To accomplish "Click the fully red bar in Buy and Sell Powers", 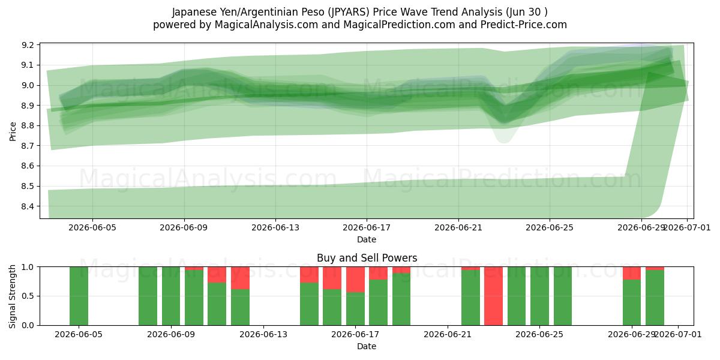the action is tap(493, 296).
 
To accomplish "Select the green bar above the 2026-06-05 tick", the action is tap(79, 296).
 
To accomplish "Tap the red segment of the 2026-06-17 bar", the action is tap(355, 280).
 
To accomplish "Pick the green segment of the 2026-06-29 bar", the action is tap(632, 302).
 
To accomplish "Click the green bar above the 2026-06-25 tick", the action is tap(539, 296).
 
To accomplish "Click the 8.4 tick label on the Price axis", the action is tap(28, 206).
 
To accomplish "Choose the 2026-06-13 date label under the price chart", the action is tap(275, 227).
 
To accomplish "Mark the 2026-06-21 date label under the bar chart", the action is tap(448, 335).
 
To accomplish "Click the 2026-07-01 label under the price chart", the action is tap(687, 227).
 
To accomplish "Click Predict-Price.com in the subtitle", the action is tap(524, 25).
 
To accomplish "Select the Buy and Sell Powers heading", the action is tap(367, 258).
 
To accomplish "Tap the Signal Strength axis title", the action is tap(12, 296).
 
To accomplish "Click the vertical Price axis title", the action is tap(13, 131).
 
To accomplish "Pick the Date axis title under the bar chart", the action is tap(367, 346).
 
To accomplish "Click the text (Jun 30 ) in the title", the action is tap(527, 12).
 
